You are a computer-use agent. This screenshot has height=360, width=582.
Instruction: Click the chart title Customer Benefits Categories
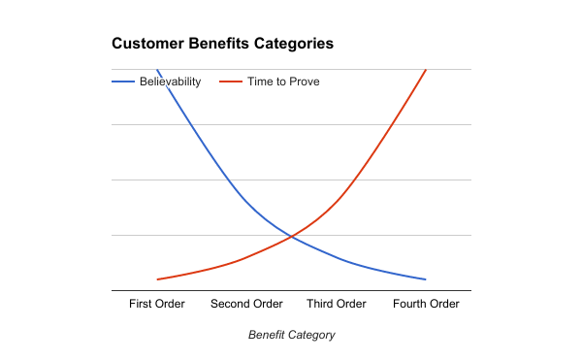[223, 44]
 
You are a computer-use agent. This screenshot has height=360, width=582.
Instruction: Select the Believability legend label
[170, 82]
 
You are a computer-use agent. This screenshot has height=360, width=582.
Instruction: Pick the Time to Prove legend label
[282, 82]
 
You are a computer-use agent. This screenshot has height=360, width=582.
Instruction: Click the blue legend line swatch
[123, 82]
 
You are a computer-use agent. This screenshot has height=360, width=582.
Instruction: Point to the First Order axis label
[157, 304]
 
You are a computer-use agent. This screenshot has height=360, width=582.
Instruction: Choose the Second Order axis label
[246, 304]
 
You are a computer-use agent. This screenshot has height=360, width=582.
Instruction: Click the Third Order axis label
[337, 304]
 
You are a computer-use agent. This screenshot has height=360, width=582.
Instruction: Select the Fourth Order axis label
[426, 304]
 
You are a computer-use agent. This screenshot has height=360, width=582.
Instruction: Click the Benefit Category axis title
[291, 335]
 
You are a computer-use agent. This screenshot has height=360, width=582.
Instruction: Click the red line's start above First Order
[157, 279]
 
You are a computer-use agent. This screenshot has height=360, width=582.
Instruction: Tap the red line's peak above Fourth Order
[426, 70]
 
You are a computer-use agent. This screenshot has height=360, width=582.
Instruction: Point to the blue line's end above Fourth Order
[426, 279]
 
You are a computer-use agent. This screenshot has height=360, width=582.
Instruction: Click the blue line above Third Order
[337, 257]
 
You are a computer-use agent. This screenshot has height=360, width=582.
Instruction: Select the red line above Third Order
[337, 201]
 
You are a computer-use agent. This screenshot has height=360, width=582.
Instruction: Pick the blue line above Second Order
[246, 201]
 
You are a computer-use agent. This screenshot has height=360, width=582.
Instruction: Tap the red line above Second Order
[246, 257]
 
